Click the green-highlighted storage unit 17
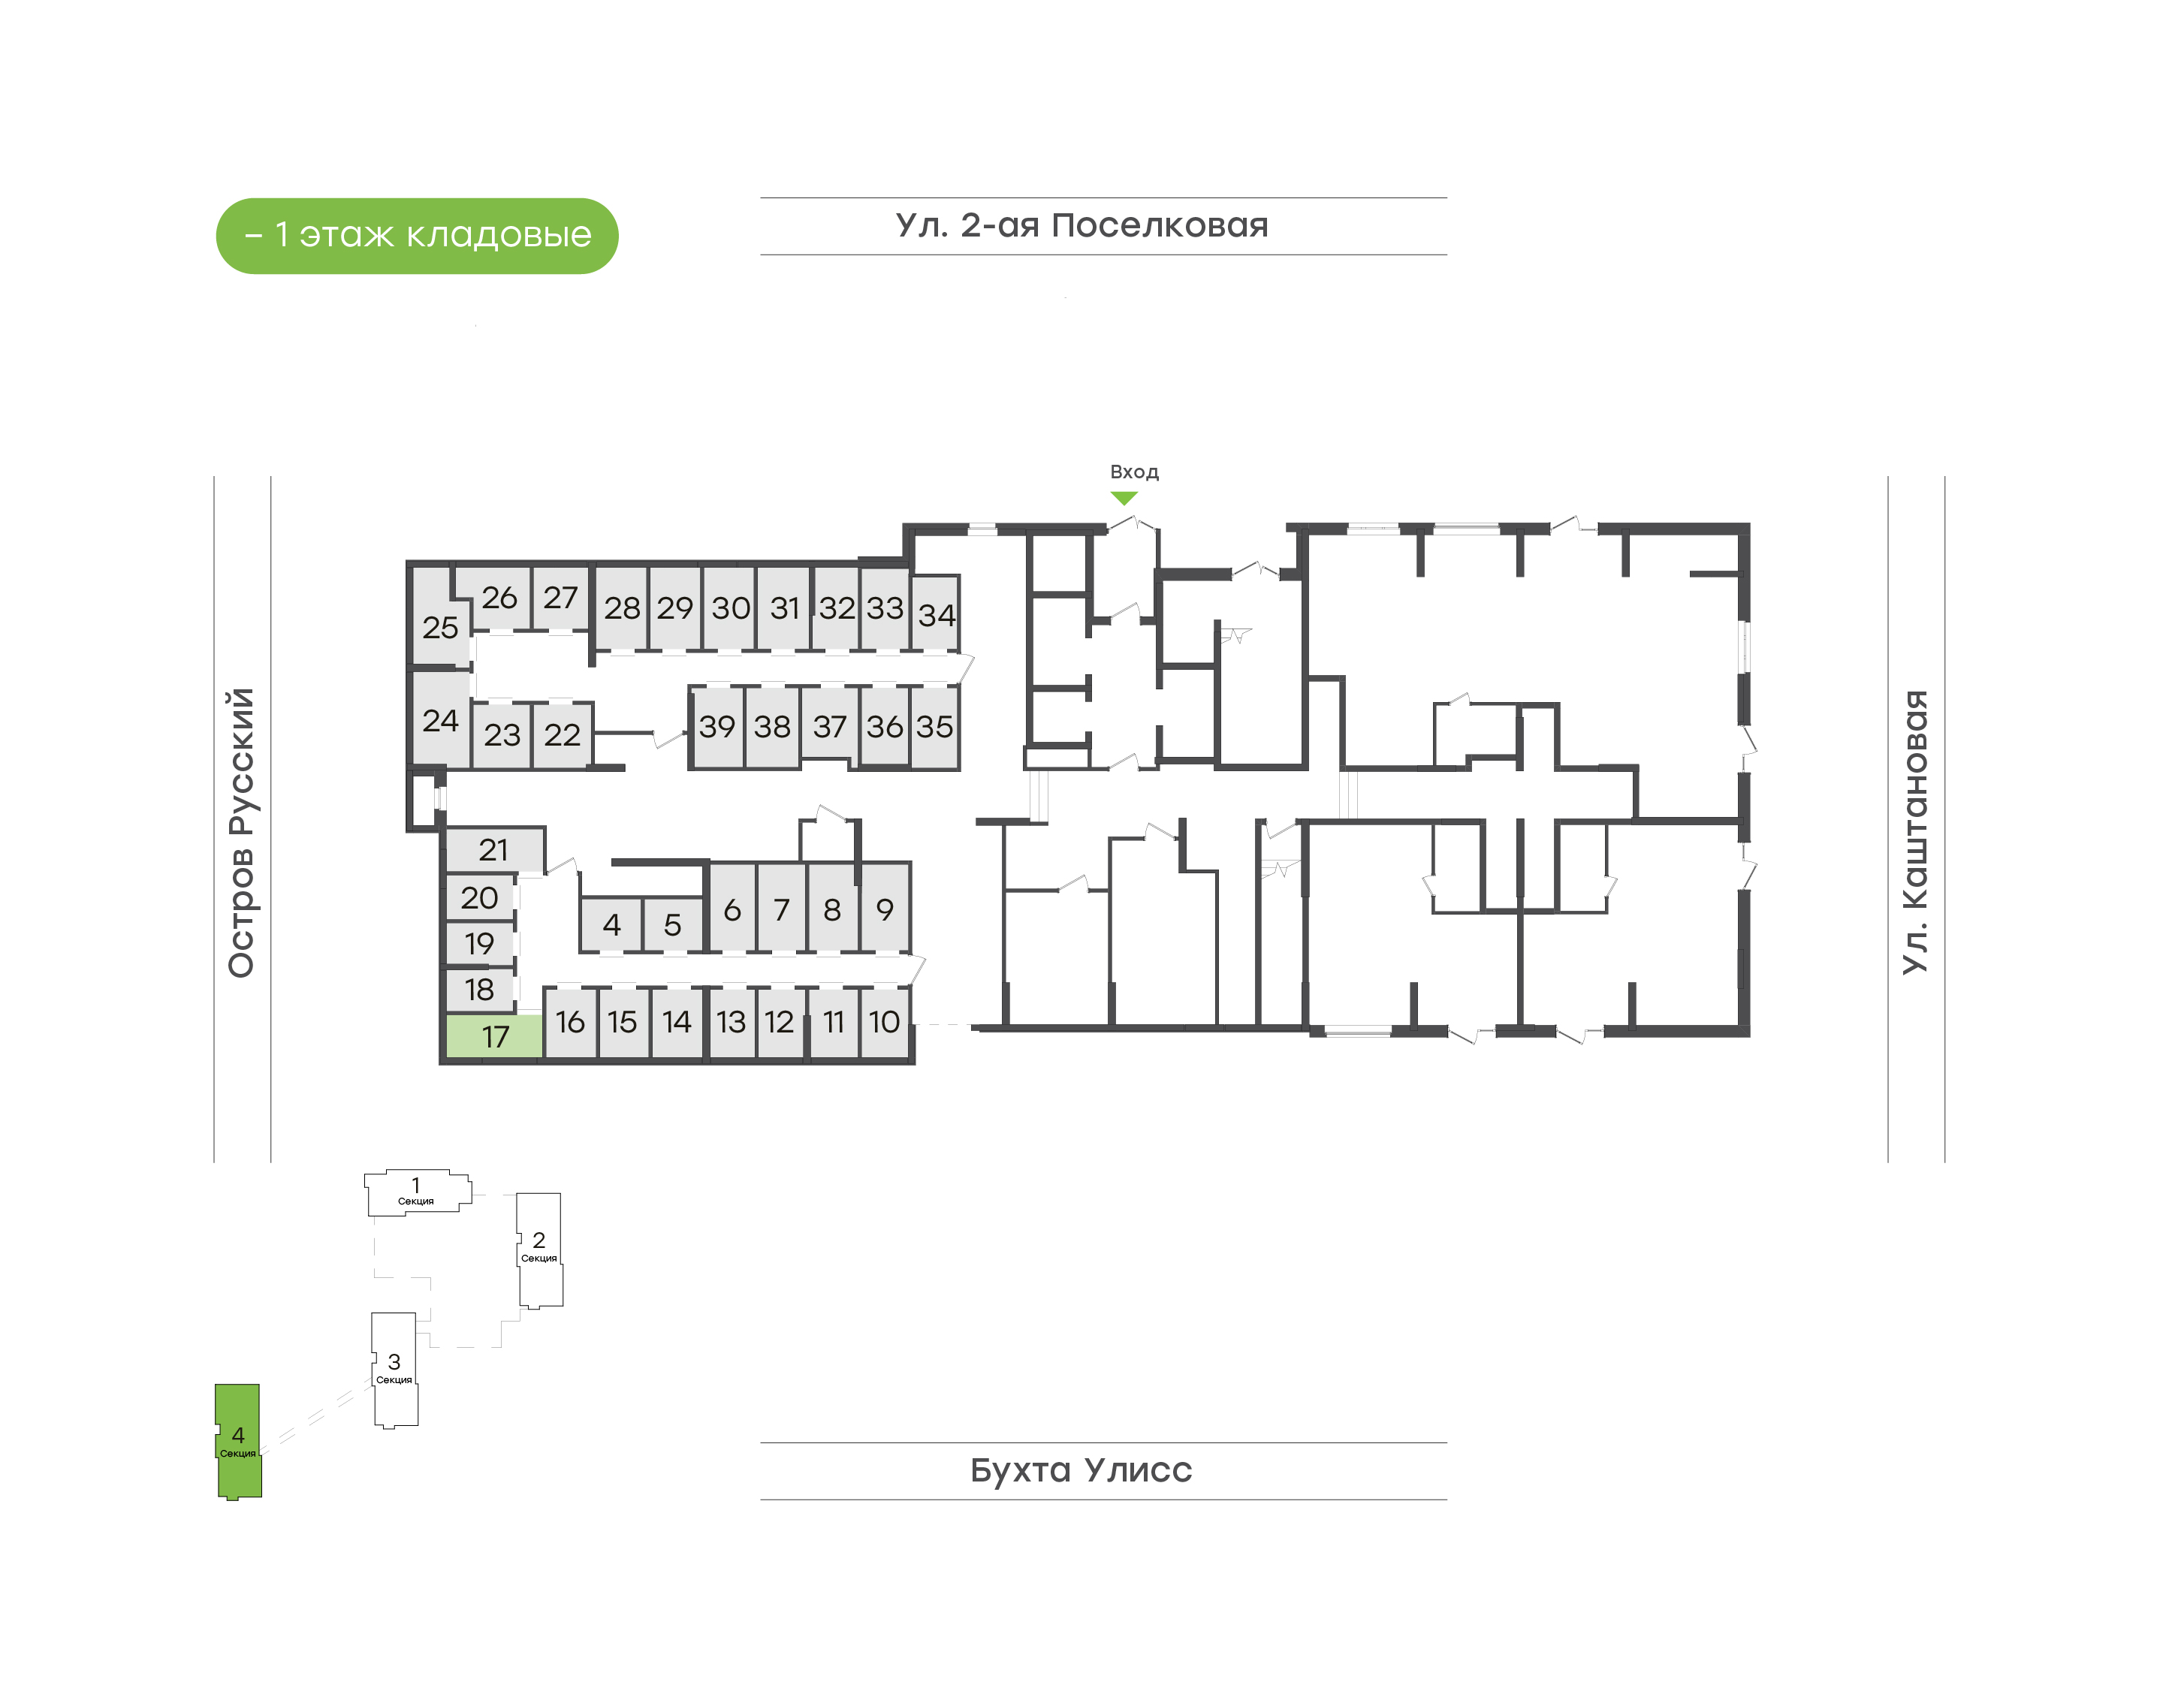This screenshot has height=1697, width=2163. [x=493, y=1036]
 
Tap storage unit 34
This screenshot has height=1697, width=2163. [x=935, y=614]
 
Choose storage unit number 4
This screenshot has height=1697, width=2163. [x=611, y=925]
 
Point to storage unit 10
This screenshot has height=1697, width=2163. [x=884, y=1021]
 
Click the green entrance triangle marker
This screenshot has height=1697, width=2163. [x=1124, y=498]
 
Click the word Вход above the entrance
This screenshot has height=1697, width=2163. [x=1133, y=472]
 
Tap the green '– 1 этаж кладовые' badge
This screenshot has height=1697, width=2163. [x=418, y=236]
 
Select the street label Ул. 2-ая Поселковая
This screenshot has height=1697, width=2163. [x=1082, y=225]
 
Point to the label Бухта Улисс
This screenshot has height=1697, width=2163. [x=1081, y=1469]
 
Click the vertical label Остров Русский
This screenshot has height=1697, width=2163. [x=241, y=833]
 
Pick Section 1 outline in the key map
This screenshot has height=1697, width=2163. [x=416, y=1191]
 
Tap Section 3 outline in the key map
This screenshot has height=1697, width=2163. [x=394, y=1369]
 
